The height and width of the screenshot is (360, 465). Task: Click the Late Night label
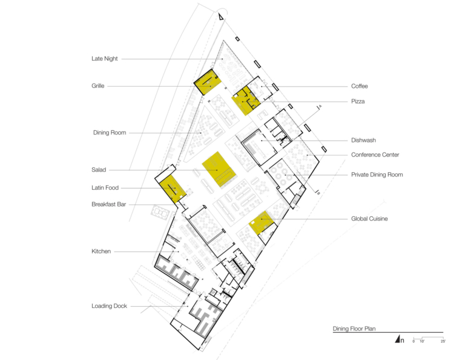coord(104,59)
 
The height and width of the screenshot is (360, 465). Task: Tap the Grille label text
coord(98,86)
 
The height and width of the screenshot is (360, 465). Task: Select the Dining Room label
coord(110,133)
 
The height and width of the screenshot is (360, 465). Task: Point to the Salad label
coord(99,170)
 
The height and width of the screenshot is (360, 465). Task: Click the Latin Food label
coord(105,187)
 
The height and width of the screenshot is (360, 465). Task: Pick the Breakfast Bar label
coord(109,204)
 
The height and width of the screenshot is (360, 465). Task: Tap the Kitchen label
coord(101,252)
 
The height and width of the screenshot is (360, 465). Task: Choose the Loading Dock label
coord(109,306)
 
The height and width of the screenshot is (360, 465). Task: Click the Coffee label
coord(360,86)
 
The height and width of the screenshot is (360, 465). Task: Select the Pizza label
coord(358,101)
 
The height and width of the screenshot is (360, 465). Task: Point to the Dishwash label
coord(363,140)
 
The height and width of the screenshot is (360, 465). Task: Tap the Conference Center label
coord(375,155)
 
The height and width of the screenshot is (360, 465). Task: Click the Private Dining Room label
coord(377,175)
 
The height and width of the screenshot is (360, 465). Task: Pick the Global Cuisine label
coord(369,219)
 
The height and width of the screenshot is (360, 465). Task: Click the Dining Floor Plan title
coord(354,328)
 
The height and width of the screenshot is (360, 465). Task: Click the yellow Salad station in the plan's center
coord(219,170)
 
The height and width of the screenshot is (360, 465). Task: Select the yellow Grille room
coord(208,82)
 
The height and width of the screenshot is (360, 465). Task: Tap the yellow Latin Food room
coord(173,188)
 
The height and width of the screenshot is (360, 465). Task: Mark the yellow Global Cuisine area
coord(262,222)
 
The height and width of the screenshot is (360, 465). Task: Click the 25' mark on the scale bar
coord(443,341)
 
